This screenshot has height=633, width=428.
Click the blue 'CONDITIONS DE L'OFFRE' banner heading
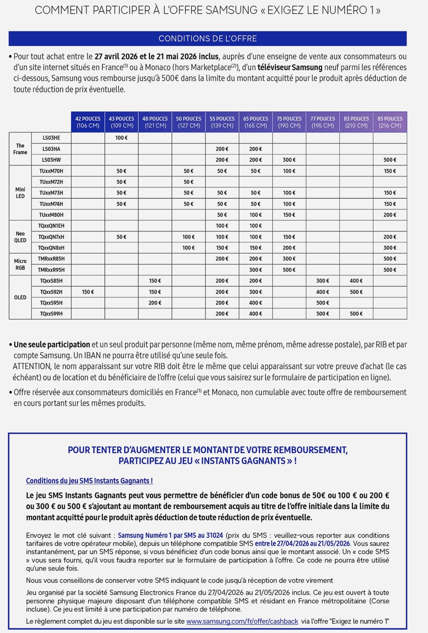pyautogui.click(x=208, y=39)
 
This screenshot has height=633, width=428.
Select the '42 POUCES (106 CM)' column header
pyautogui.click(x=88, y=122)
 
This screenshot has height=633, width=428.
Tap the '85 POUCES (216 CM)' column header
pyautogui.click(x=390, y=122)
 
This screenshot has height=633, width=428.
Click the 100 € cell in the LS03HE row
pyautogui.click(x=122, y=138)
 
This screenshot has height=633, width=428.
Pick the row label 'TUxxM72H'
pyautogui.click(x=51, y=182)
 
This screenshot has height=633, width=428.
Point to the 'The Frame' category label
pyautogui.click(x=20, y=149)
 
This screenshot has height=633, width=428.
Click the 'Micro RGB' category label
pyautogui.click(x=20, y=264)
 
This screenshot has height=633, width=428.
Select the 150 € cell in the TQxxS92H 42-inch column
pyautogui.click(x=88, y=292)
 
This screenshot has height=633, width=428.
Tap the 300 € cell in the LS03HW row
pyautogui.click(x=289, y=160)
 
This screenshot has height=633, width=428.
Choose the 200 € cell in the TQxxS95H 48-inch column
pyautogui.click(x=155, y=303)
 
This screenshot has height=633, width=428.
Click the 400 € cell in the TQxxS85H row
pyautogui.click(x=356, y=281)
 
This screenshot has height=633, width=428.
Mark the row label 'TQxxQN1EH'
pyautogui.click(x=51, y=226)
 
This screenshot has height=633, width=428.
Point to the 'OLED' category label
pyautogui.click(x=20, y=297)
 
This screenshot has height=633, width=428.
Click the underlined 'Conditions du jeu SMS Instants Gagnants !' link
pyautogui.click(x=89, y=481)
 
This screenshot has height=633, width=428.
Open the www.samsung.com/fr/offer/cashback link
pyautogui.click(x=242, y=621)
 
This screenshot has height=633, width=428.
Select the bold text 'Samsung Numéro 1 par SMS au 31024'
pyautogui.click(x=170, y=535)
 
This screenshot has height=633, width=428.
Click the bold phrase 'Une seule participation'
pyautogui.click(x=52, y=345)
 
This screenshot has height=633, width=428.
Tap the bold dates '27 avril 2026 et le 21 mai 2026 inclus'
pyautogui.click(x=157, y=57)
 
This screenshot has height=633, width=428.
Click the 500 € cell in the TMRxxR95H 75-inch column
pyautogui.click(x=289, y=270)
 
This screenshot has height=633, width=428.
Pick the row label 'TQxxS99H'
pyautogui.click(x=51, y=314)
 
